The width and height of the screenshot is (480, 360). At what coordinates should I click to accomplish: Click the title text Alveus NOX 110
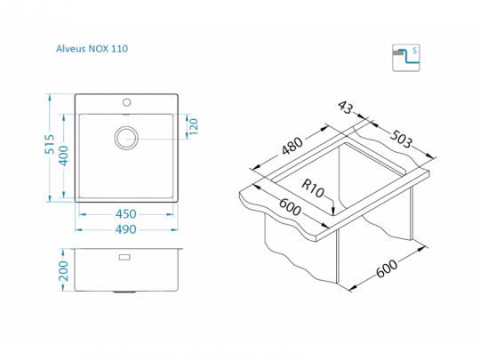coord(92,49)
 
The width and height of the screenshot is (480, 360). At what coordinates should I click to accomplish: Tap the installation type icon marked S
coord(406,58)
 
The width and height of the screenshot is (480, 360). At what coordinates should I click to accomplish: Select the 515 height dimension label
coord(49,144)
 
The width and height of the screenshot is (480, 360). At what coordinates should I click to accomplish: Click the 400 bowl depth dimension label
coord(63,156)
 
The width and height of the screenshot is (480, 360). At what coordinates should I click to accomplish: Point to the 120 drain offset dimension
coord(194,127)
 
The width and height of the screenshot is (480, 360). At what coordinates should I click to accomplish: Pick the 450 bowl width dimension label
coord(126,214)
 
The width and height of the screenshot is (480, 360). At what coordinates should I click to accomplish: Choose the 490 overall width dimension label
coord(126,229)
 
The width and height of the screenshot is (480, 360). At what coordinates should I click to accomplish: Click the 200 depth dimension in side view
coord(63,270)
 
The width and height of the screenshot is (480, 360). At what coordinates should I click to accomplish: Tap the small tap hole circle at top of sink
coord(127,102)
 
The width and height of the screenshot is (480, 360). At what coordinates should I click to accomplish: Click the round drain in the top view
coord(126,138)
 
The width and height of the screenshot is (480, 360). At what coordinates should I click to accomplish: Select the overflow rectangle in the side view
coord(124,257)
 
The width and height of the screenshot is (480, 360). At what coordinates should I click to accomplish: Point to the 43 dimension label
coord(346,108)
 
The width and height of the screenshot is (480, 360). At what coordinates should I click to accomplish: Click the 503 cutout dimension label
coord(401,139)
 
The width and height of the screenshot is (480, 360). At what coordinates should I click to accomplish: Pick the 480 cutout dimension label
coord(292,146)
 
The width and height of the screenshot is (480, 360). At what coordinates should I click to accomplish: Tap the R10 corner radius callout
coord(313,188)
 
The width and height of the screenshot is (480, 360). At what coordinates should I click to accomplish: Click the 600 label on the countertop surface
coord(290,207)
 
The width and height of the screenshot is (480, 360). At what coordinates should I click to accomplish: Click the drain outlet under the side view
coord(124,292)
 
